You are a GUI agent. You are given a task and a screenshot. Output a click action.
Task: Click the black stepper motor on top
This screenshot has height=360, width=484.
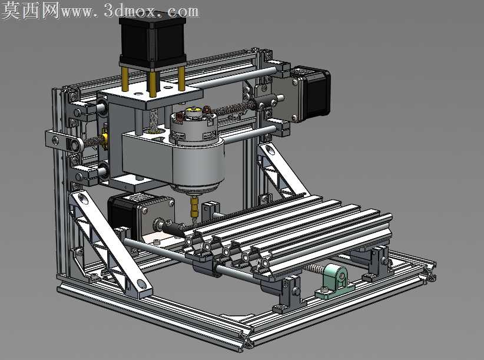(153, 40)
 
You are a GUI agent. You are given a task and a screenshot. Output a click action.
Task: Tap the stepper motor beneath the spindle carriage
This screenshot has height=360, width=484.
(141, 216)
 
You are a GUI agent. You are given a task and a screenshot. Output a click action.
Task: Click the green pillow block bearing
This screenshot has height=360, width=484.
(336, 282)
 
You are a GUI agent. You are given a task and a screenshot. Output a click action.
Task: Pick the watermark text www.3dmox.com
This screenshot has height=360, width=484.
(130, 11)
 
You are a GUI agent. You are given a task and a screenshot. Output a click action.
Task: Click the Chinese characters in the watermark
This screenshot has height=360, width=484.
(30, 11)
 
